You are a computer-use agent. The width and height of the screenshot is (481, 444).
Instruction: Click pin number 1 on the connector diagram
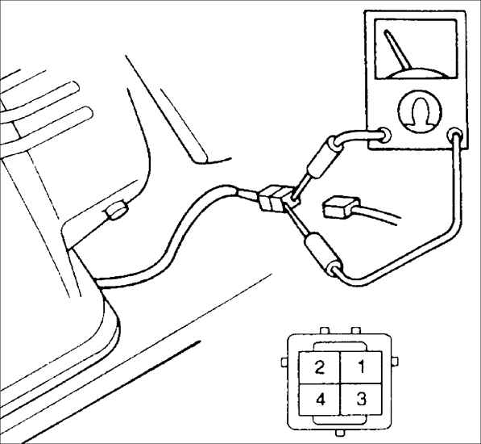point(361,367)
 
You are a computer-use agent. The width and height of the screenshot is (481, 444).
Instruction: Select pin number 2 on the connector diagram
point(320,367)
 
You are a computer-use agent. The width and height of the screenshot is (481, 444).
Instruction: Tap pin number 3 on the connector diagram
point(361,400)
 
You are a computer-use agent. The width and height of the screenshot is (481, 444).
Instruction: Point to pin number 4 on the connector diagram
point(320,400)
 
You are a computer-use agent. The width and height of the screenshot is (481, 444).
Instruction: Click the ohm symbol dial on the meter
point(420,111)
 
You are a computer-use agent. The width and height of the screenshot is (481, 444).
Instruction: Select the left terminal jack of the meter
point(384,135)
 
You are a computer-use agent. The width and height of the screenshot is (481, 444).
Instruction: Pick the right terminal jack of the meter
point(455,135)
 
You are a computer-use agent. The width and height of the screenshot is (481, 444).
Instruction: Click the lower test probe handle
point(321,253)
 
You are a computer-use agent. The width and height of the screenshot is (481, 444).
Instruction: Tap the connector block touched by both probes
point(277,199)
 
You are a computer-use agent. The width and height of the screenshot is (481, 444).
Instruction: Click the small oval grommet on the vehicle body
point(116,212)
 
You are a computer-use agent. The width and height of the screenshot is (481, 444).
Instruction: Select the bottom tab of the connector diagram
point(340,433)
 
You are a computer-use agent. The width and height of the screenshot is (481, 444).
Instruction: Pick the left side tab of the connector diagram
point(285,362)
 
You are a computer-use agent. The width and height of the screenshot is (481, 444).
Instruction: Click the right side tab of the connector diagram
point(395,362)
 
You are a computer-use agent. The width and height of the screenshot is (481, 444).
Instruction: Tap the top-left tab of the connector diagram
point(325,331)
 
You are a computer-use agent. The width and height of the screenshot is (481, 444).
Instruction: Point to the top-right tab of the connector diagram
point(356,331)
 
